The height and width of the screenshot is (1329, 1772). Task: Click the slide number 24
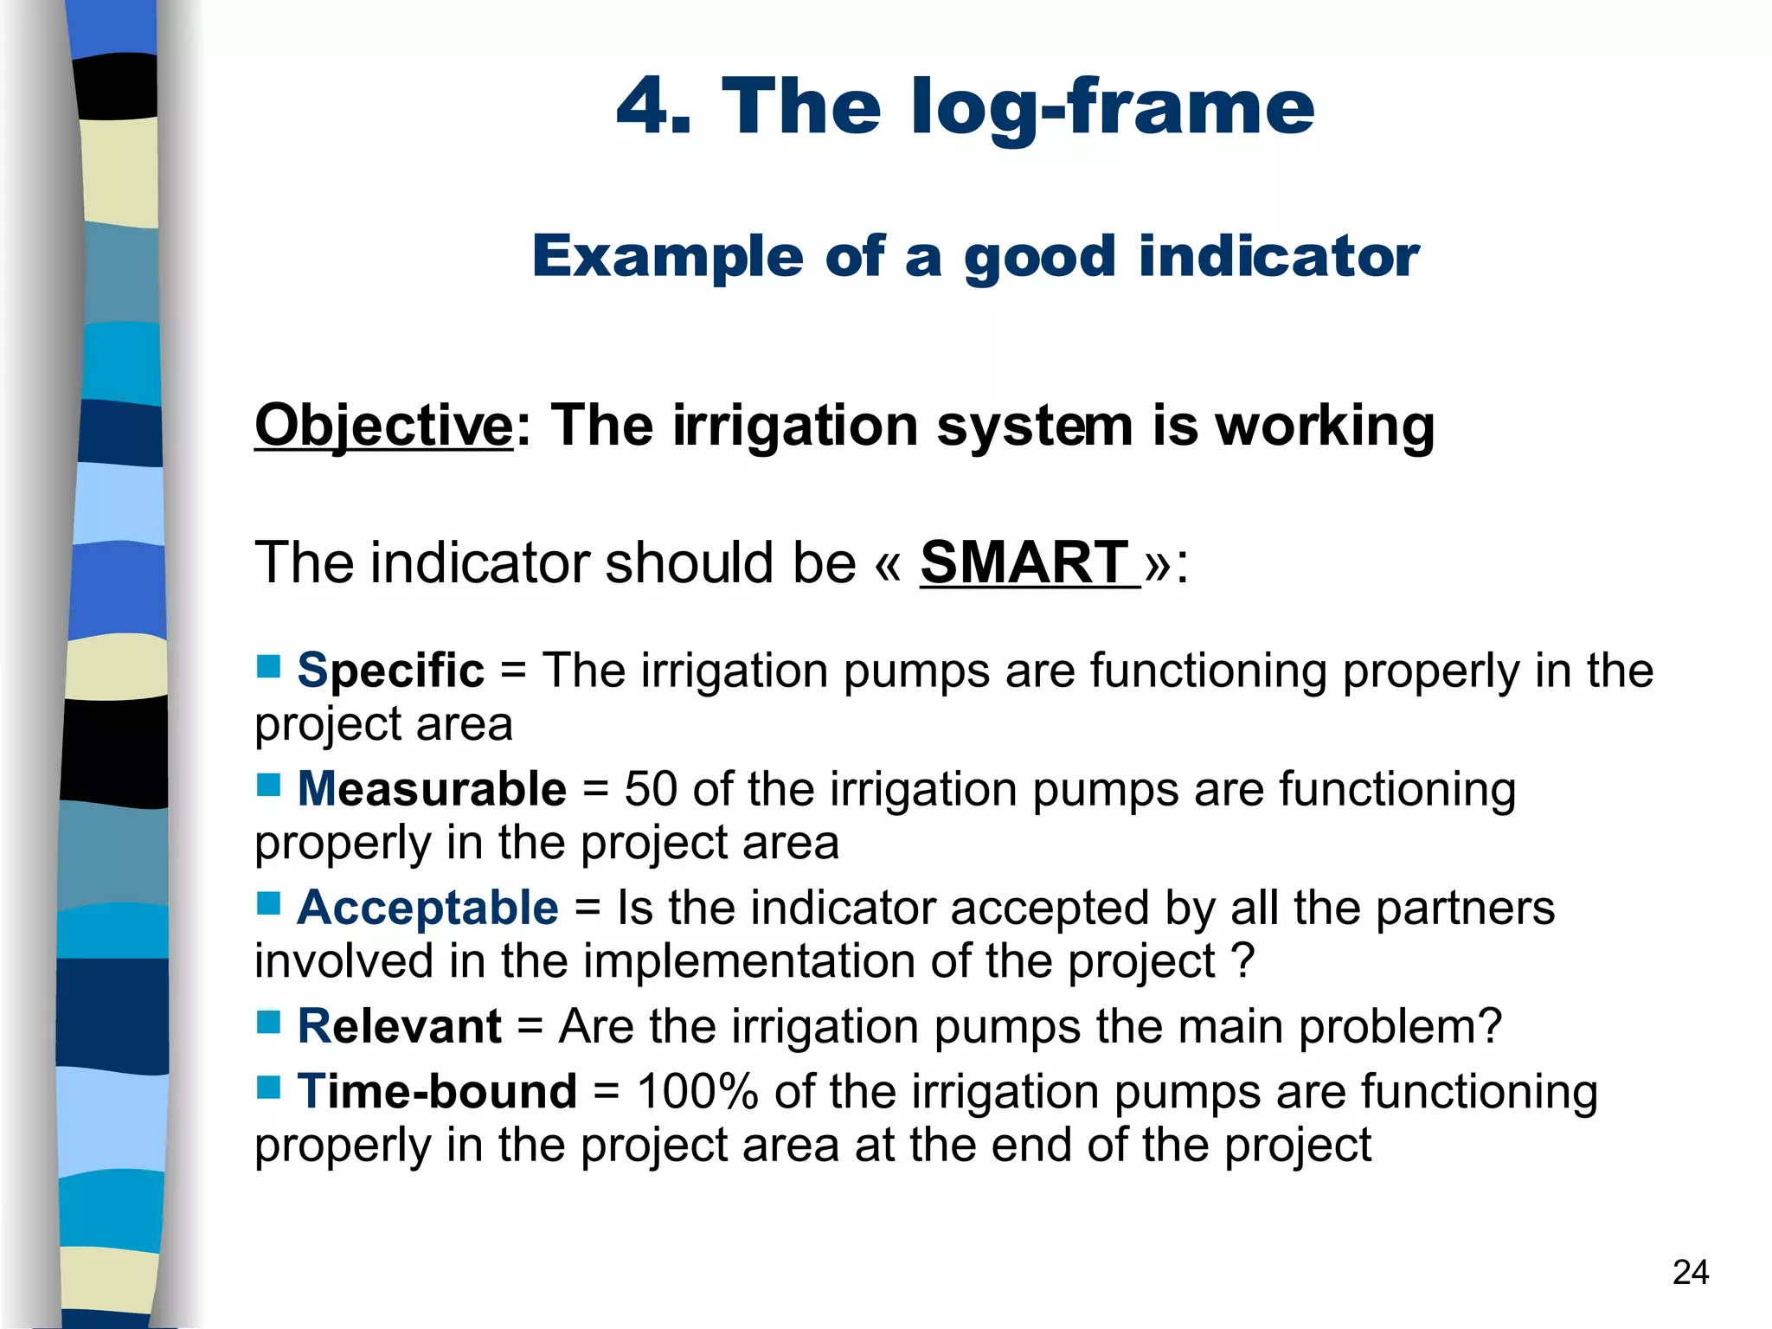(1690, 1272)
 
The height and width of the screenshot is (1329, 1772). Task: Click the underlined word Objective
(383, 426)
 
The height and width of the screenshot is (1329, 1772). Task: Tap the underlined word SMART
(1024, 562)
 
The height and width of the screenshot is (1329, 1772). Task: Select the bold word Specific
(390, 671)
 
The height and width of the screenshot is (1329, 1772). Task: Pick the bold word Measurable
(432, 789)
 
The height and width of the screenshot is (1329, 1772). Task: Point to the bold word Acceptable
(427, 908)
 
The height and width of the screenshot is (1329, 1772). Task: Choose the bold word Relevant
(399, 1026)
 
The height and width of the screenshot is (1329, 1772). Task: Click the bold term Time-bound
(437, 1091)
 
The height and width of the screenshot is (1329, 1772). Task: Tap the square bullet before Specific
(268, 666)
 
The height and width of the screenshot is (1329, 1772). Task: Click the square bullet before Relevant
(268, 1023)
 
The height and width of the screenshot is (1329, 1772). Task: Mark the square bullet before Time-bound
(268, 1087)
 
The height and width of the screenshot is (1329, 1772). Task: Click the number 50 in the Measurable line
(651, 789)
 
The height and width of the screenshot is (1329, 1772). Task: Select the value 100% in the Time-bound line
(697, 1091)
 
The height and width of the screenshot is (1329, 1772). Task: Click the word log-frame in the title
(1113, 108)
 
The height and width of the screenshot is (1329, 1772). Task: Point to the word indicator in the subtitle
(1279, 256)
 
